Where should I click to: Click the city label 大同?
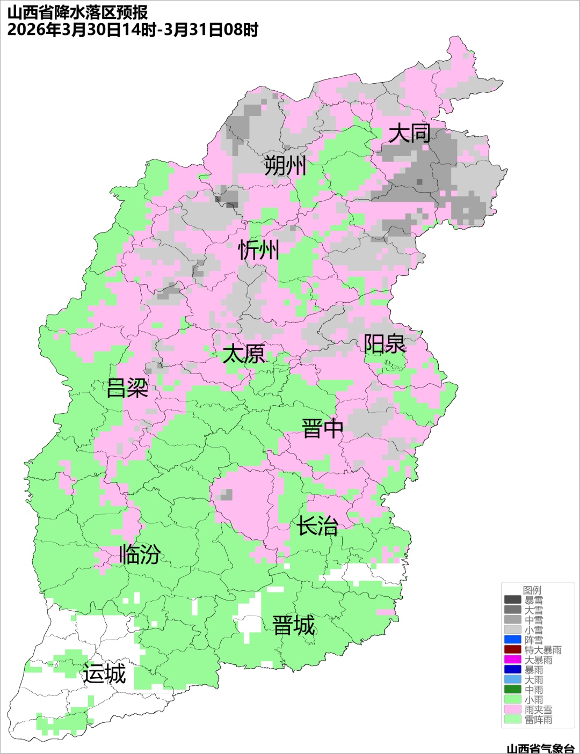[409, 133]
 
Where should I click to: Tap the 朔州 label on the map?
[285, 166]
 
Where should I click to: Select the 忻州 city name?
[259, 250]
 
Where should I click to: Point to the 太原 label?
[244, 354]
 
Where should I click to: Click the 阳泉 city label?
[385, 344]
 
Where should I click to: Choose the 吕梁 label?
[127, 387]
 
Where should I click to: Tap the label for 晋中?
[322, 429]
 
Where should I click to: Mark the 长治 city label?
[317, 526]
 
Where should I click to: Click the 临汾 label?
[140, 554]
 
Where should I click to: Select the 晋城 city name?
[294, 626]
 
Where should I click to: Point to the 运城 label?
[104, 674]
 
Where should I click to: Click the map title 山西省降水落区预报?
[77, 12]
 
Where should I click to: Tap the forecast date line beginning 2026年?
[133, 30]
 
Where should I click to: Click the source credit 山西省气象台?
[540, 748]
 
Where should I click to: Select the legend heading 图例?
[532, 590]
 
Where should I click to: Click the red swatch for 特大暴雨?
[512, 650]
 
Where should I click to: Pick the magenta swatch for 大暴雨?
[512, 660]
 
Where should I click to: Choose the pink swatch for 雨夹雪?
[512, 709]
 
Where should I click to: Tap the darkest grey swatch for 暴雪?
[512, 600]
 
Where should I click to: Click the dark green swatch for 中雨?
[512, 690]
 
